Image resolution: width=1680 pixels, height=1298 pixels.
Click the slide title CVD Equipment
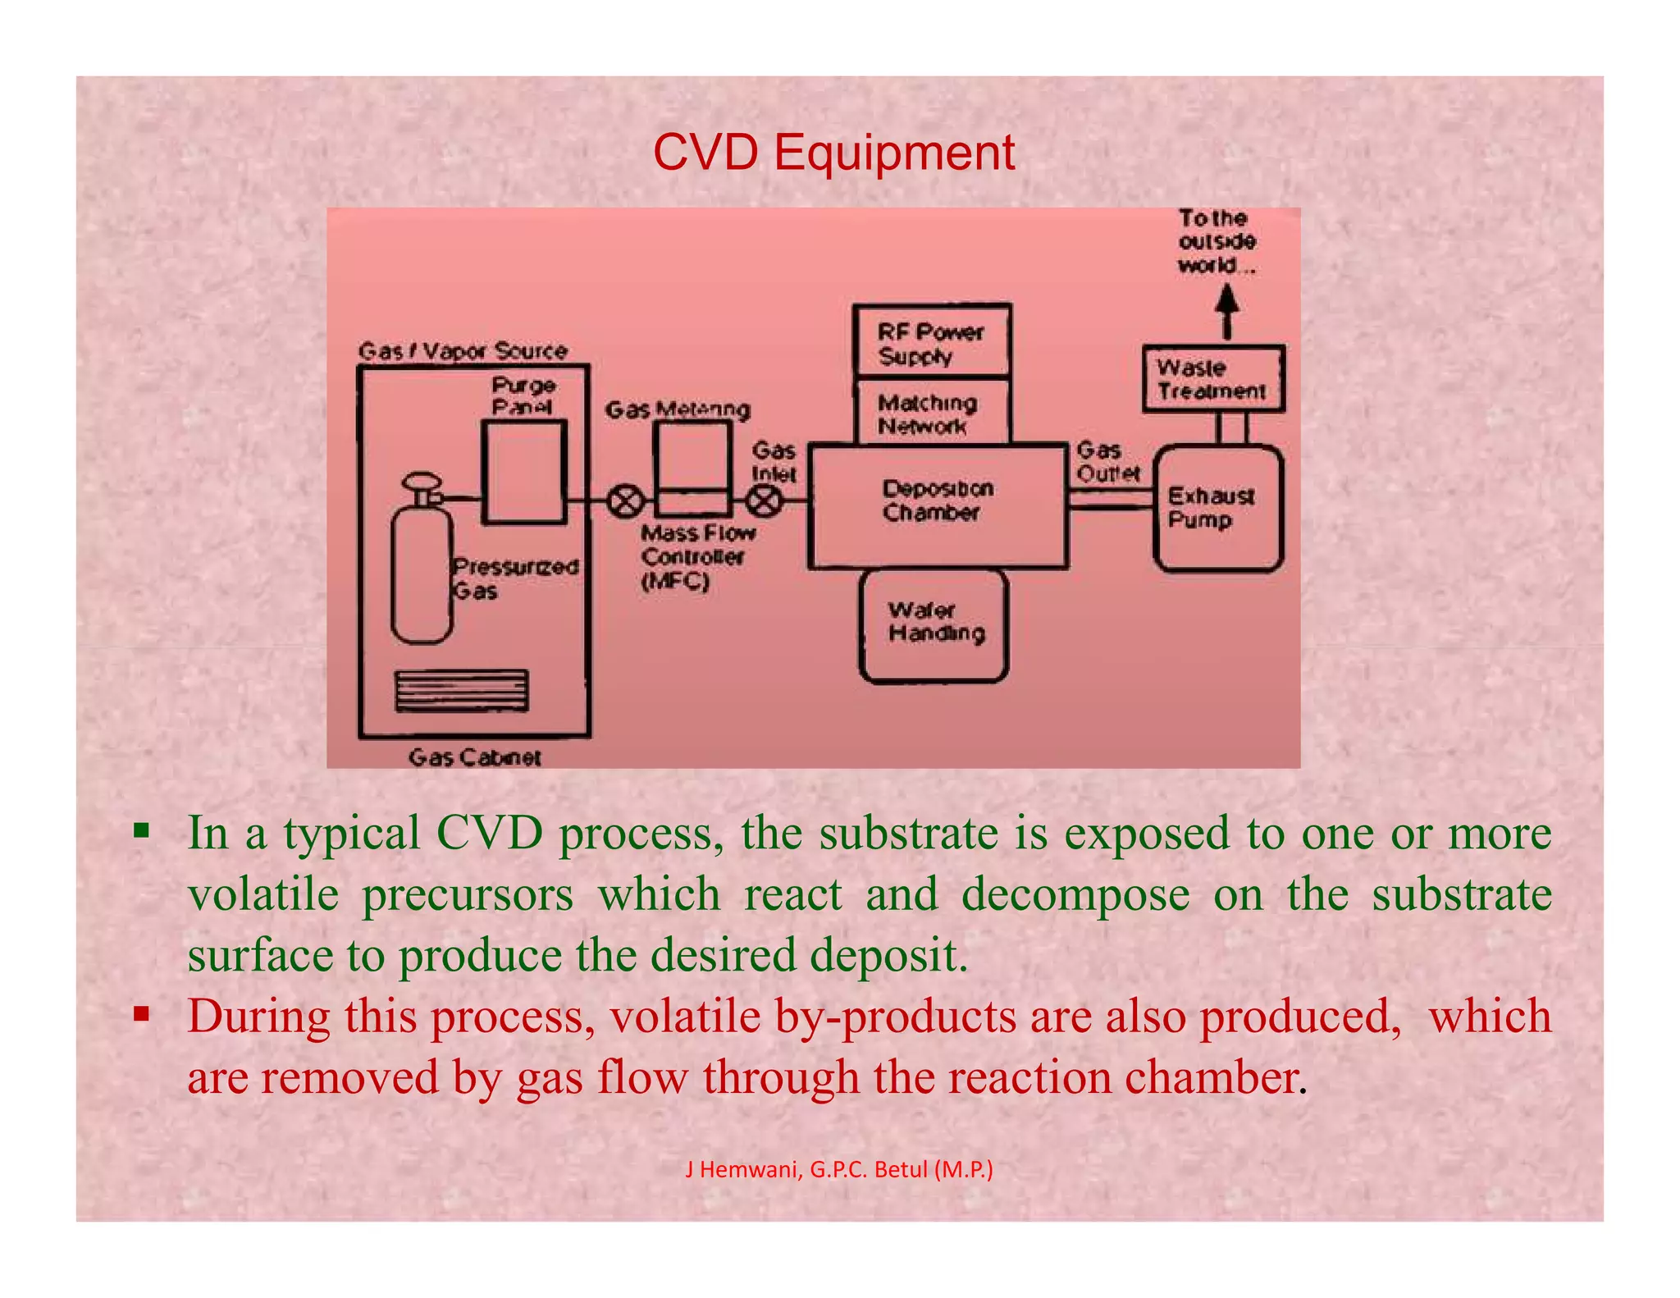coord(833,153)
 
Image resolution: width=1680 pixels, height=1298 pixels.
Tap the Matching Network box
coord(931,413)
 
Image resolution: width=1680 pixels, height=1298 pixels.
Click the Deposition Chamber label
coord(938,500)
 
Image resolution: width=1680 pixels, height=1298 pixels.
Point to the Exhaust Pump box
coord(1217,508)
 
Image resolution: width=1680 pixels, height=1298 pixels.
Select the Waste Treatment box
coord(1212,379)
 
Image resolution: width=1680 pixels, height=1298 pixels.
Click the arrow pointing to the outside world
coord(1226,311)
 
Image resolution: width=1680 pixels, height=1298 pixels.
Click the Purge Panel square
coord(523,472)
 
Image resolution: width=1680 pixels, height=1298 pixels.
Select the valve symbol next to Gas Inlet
coord(765,500)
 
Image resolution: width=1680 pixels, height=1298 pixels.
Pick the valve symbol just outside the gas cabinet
coord(626,500)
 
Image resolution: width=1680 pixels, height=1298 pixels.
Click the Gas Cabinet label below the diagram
coord(474,756)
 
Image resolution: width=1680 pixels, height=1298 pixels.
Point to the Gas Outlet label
coord(1107,462)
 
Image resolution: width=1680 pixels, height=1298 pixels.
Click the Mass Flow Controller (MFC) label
coord(697,557)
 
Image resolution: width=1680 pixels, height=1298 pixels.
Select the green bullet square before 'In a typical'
coord(142,831)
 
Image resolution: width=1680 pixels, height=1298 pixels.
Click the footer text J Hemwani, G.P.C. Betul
coord(838,1169)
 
